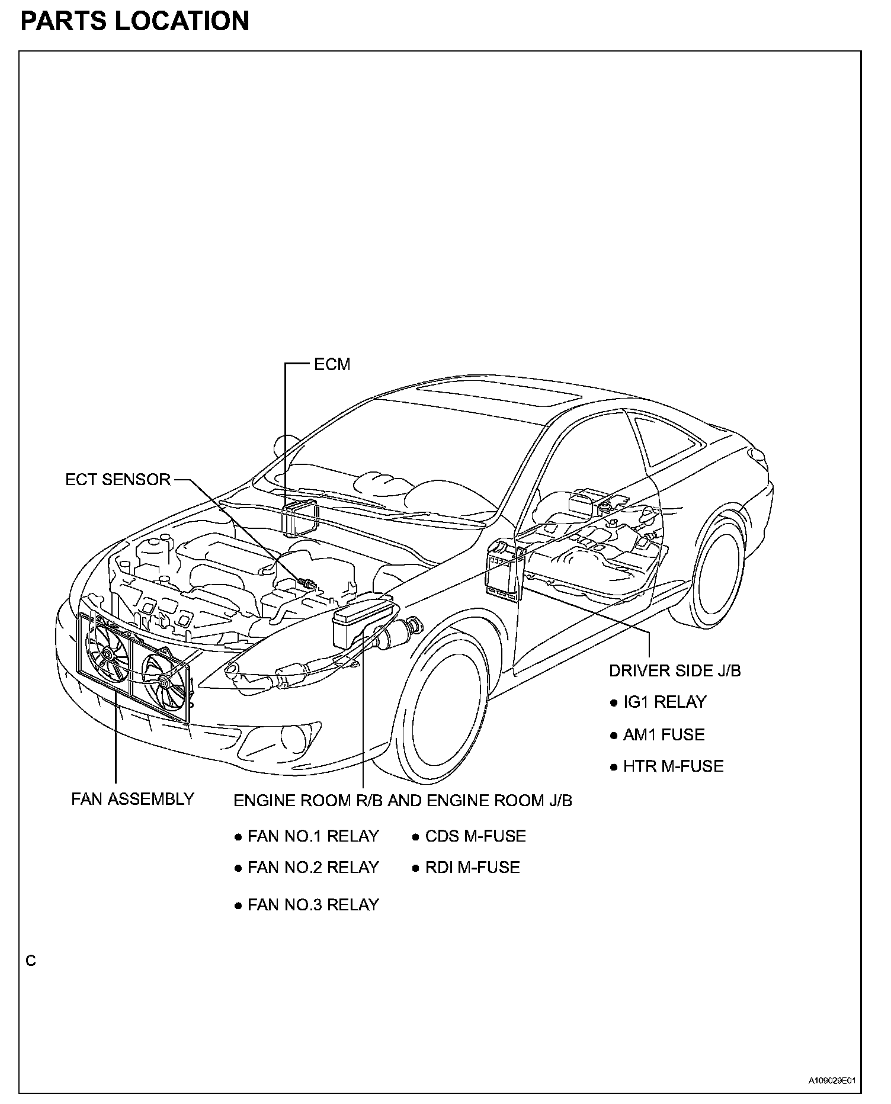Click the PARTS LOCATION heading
134,21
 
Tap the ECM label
332,364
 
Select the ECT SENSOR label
118,480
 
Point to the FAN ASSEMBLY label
133,799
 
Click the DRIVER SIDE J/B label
675,670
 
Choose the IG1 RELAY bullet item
665,702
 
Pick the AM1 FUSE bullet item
664,735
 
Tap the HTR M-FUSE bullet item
673,766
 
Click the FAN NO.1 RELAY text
313,836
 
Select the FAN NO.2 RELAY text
313,868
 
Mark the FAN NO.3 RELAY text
313,905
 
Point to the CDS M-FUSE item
475,836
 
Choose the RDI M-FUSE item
472,868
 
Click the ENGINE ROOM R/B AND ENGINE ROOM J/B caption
403,801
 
